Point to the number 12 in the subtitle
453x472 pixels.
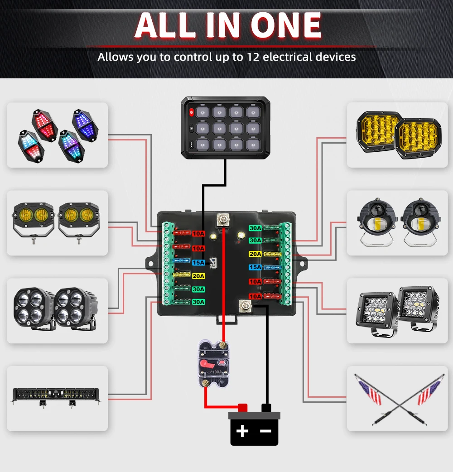click(x=253, y=57)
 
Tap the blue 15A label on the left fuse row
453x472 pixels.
click(x=198, y=262)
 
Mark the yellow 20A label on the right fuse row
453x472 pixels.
click(x=255, y=254)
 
